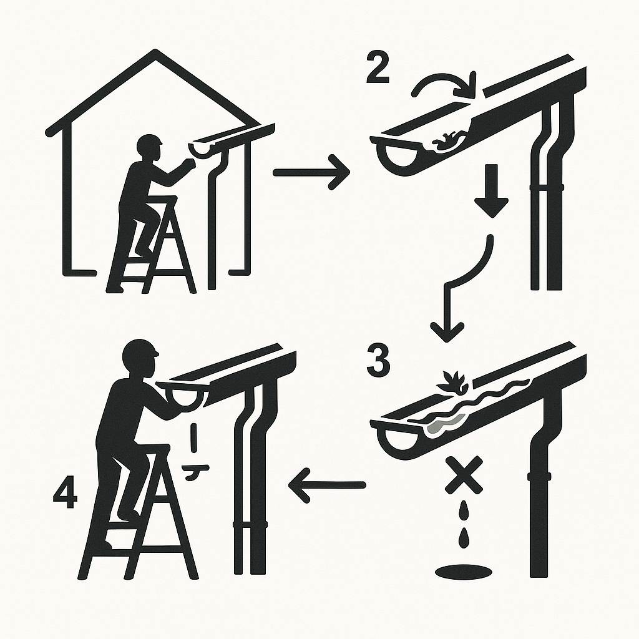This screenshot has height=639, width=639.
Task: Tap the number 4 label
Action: click(x=66, y=492)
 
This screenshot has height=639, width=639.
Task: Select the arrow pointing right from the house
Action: click(x=311, y=173)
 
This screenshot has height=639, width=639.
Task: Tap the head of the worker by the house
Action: click(x=150, y=146)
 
